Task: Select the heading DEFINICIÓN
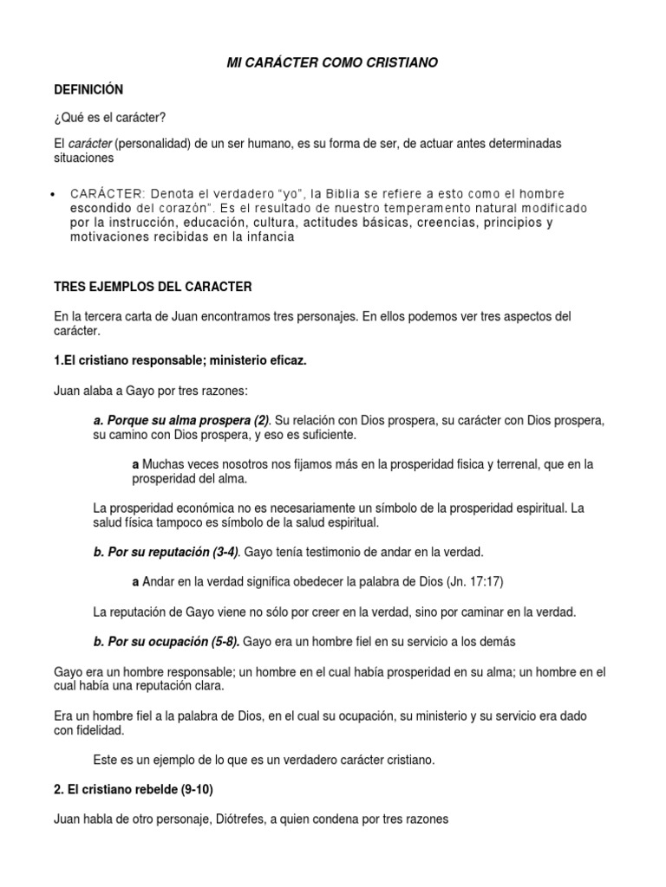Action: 88,90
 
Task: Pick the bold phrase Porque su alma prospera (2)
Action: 181,420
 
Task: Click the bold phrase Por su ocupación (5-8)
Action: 166,642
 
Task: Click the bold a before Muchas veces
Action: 135,464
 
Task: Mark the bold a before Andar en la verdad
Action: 135,582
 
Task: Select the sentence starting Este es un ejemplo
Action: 263,760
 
